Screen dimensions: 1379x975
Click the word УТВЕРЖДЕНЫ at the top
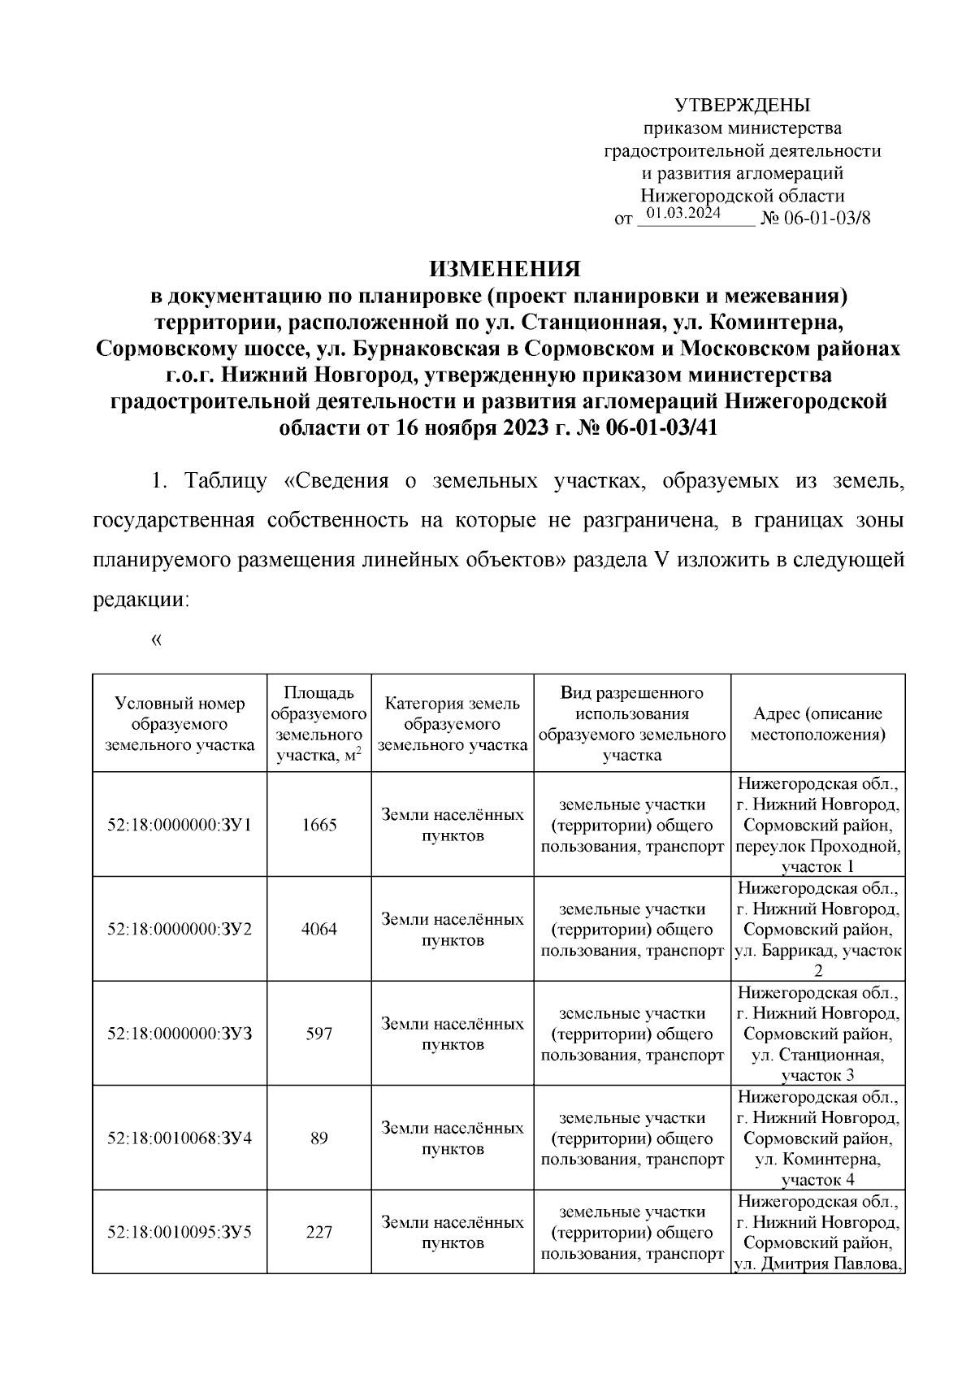pyautogui.click(x=743, y=105)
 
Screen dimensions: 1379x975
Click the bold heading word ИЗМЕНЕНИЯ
pyautogui.click(x=505, y=269)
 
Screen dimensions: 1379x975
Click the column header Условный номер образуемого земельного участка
pyautogui.click(x=180, y=723)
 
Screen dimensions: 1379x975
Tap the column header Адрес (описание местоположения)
pyautogui.click(x=817, y=723)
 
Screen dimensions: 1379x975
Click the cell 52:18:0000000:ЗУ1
pyautogui.click(x=180, y=825)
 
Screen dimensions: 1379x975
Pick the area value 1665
pyautogui.click(x=319, y=825)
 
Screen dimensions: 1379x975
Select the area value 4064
pyautogui.click(x=319, y=929)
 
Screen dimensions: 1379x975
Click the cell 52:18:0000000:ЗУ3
pyautogui.click(x=180, y=1034)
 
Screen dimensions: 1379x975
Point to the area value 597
pyautogui.click(x=319, y=1034)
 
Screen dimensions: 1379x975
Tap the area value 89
pyautogui.click(x=319, y=1138)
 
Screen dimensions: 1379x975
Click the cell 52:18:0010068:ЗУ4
pyautogui.click(x=180, y=1138)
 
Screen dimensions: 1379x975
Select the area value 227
pyautogui.click(x=319, y=1232)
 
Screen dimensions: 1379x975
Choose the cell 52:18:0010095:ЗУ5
pyautogui.click(x=180, y=1232)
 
